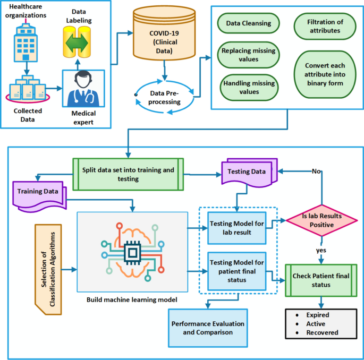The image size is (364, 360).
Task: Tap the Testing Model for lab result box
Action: (237, 227)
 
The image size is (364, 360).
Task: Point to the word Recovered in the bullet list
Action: (322, 332)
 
